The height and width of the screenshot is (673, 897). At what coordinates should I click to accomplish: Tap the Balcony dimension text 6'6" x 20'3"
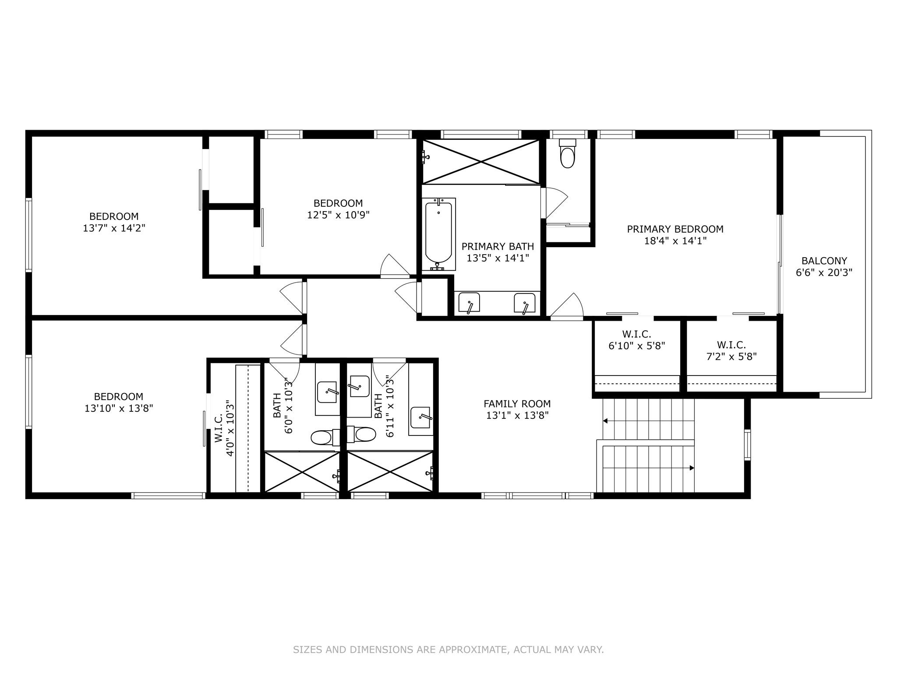coord(824,273)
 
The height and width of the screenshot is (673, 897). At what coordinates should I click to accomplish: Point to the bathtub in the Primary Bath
coord(438,234)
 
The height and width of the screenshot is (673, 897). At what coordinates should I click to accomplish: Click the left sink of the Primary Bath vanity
coord(469,303)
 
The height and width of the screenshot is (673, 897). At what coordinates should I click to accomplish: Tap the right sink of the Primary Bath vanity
coord(525,303)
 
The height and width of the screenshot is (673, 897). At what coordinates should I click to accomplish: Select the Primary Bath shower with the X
coord(481,162)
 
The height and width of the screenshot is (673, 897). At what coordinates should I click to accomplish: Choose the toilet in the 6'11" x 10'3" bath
coord(362,435)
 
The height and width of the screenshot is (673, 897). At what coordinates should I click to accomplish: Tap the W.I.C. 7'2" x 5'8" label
coord(731,351)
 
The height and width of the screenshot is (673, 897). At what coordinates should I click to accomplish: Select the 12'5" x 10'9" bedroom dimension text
coord(338,215)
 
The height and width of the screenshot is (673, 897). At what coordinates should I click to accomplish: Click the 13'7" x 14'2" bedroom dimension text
coord(114,228)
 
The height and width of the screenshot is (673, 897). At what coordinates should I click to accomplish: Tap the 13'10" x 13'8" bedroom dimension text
coord(119,408)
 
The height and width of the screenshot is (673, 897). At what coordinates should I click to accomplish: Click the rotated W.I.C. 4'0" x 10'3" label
coord(225,428)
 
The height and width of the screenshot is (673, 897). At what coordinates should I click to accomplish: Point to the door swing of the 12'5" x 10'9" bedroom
coord(394,266)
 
